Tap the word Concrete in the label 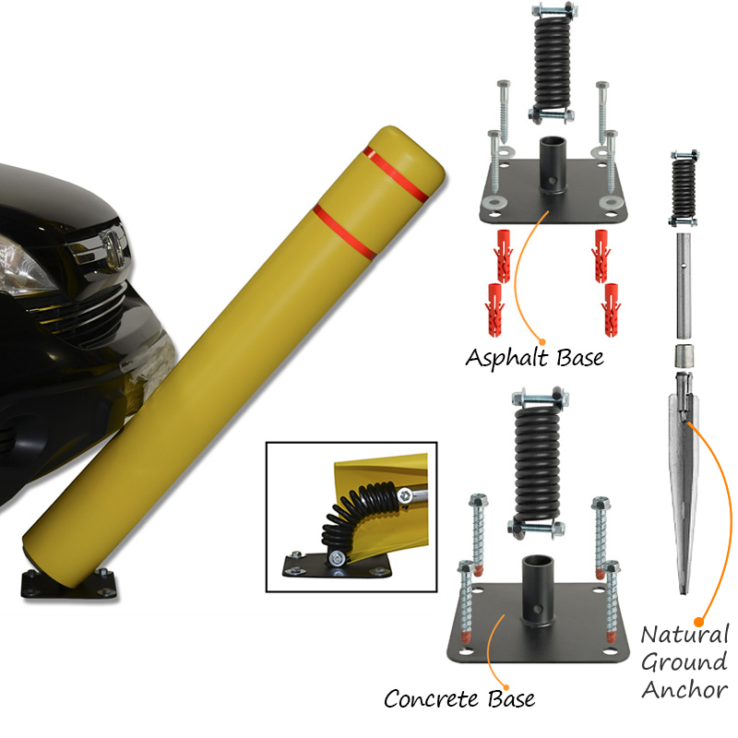click(x=432, y=699)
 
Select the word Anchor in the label click(x=684, y=690)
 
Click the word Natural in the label click(x=684, y=635)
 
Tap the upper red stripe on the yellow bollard click(x=396, y=173)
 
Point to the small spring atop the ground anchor click(x=684, y=187)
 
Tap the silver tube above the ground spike click(x=684, y=286)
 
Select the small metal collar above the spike click(x=684, y=356)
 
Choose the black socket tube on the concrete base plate click(x=537, y=590)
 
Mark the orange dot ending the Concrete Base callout click(x=506, y=687)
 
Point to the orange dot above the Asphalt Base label click(x=542, y=342)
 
